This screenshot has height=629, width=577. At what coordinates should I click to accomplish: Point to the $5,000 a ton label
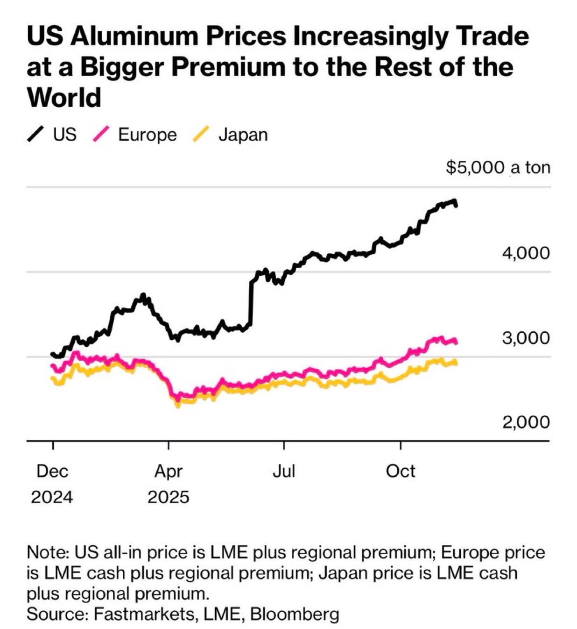[498, 167]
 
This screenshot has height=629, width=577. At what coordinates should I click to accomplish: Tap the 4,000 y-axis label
[526, 253]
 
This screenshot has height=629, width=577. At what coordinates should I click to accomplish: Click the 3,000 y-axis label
[526, 337]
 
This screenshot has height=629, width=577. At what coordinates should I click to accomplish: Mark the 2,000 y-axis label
[526, 422]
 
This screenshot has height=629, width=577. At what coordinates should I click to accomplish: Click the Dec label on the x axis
[52, 471]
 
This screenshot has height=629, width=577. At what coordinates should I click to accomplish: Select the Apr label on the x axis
[168, 471]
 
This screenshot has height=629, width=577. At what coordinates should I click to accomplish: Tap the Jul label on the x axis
[284, 471]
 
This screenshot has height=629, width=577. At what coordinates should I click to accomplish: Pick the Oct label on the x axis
[401, 471]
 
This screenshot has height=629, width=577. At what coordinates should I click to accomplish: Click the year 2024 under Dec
[52, 497]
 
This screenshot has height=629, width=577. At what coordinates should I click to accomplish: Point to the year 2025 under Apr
[168, 497]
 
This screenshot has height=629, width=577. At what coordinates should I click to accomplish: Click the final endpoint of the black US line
[456, 205]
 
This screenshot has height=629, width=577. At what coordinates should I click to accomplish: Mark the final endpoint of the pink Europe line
[456, 343]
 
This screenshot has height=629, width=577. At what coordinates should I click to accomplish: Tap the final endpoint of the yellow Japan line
[455, 363]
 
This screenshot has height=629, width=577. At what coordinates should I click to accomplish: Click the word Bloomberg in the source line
[295, 614]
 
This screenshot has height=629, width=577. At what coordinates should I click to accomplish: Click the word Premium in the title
[229, 67]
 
